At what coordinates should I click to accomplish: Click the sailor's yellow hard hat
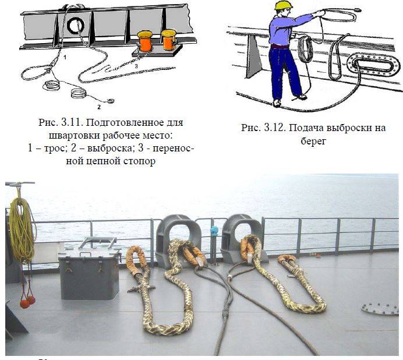click(x=284, y=6)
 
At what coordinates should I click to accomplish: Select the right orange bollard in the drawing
click(x=169, y=40)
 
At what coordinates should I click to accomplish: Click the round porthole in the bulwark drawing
click(x=76, y=25)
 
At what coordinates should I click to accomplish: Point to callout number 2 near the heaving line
click(x=99, y=107)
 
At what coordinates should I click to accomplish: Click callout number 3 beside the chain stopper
click(x=136, y=66)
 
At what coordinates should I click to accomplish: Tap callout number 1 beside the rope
click(x=65, y=58)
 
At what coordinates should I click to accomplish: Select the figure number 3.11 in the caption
click(x=72, y=122)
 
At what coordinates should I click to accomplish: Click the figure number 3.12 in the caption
click(x=275, y=128)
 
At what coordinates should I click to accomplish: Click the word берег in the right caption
click(x=313, y=140)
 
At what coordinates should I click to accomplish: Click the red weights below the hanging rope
click(x=27, y=302)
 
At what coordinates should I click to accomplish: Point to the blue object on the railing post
click(x=214, y=231)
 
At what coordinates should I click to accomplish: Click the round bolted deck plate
click(x=379, y=309)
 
